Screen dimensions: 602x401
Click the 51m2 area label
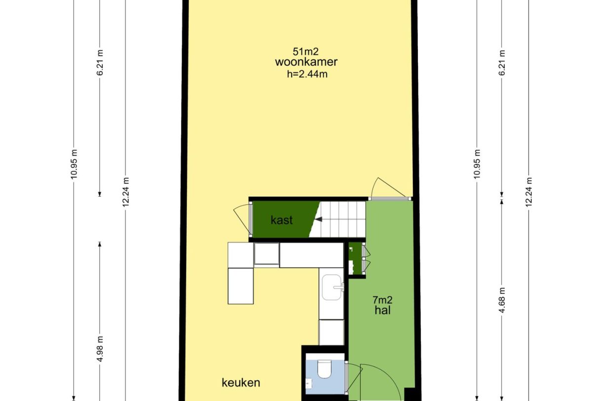click(x=305, y=51)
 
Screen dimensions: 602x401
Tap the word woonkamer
click(x=306, y=62)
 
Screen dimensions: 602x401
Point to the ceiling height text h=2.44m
click(x=307, y=74)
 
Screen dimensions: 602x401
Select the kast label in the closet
click(x=281, y=220)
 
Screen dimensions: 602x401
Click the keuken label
click(x=241, y=383)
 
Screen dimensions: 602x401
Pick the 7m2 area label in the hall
click(x=382, y=299)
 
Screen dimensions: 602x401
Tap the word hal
click(x=382, y=310)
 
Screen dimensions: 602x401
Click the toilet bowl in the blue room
click(x=325, y=369)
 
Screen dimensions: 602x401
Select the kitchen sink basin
click(x=332, y=287)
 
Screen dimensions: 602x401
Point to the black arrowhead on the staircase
click(x=318, y=219)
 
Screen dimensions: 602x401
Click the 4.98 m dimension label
click(x=100, y=349)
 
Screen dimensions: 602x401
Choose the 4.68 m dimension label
click(x=502, y=300)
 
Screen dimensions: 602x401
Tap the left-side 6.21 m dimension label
click(x=100, y=63)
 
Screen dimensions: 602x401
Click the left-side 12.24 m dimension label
click(x=126, y=192)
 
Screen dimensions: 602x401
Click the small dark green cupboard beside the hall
click(x=355, y=258)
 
